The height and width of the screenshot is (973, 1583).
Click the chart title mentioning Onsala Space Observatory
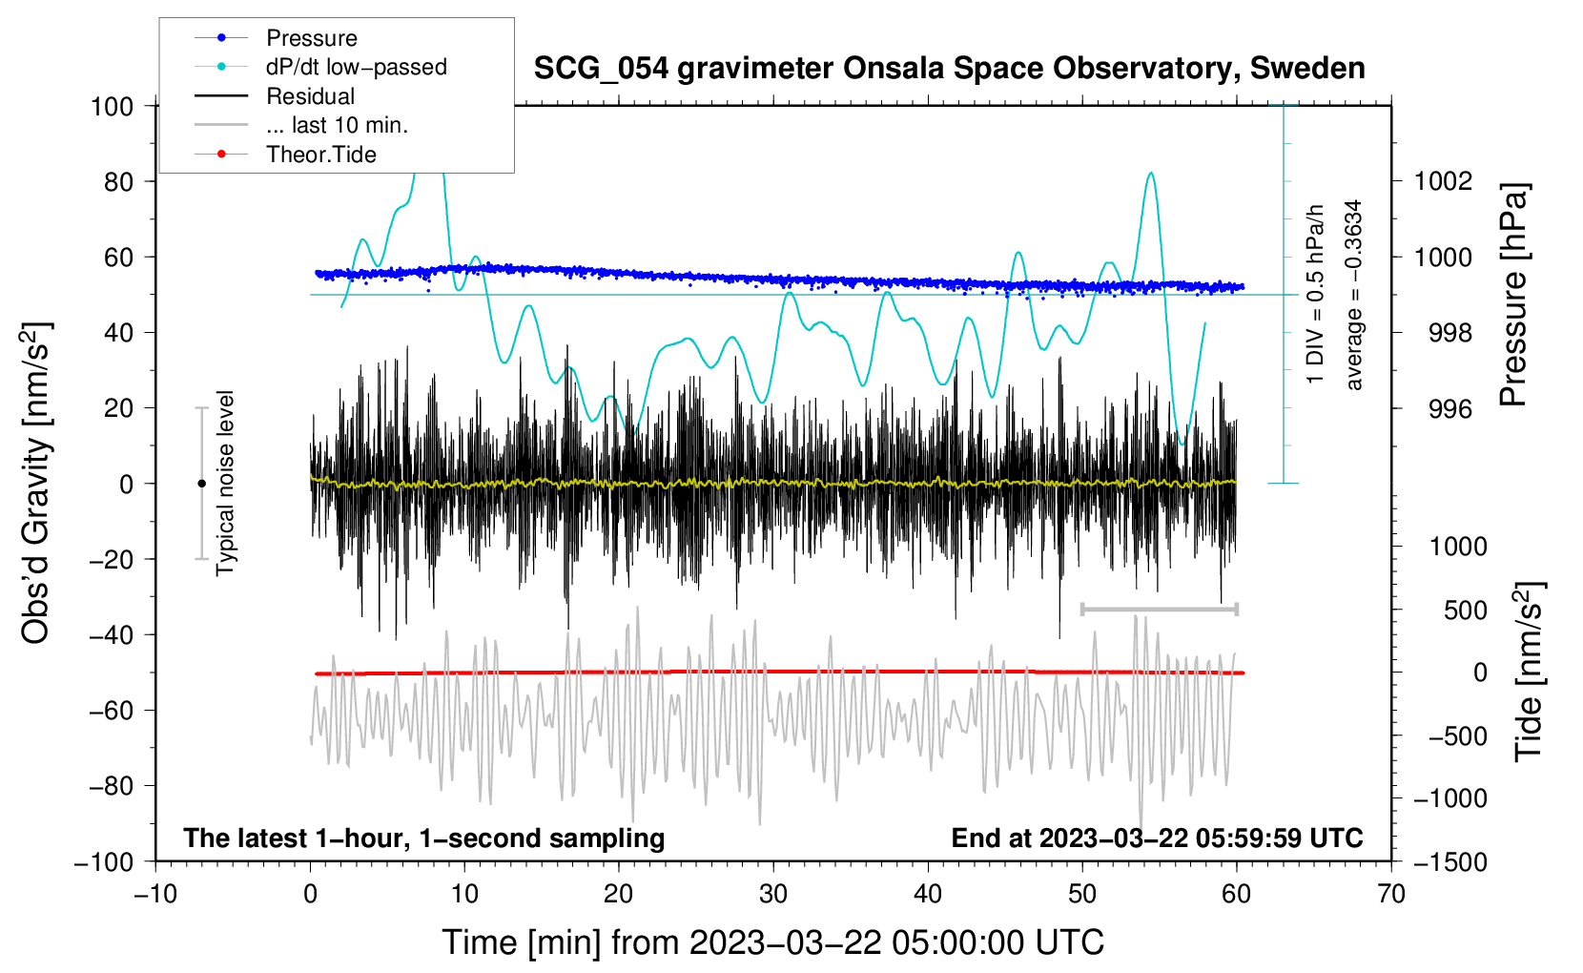point(949,69)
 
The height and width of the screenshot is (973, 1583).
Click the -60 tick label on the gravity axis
point(112,710)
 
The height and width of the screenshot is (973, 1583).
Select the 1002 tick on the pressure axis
point(1442,181)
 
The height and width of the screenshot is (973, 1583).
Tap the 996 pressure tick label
point(1449,408)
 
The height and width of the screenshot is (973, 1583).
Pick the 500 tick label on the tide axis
point(1465,611)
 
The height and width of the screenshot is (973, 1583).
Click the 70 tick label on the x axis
point(1390,894)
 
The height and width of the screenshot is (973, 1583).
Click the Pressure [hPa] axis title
point(1512,295)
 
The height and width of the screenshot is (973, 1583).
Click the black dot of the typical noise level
point(201,484)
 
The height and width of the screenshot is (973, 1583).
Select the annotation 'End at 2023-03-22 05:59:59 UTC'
point(1157,838)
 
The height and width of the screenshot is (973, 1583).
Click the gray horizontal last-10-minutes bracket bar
point(1159,609)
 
